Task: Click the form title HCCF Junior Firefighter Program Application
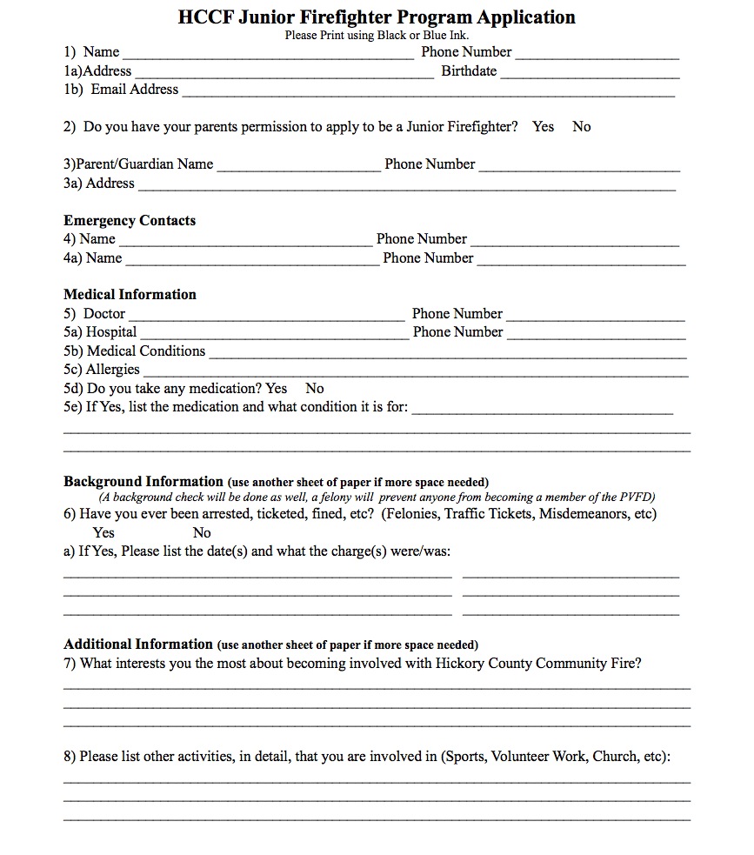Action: click(x=377, y=17)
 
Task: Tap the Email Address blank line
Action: click(x=428, y=93)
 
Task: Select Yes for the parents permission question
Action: click(x=544, y=127)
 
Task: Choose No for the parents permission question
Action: click(x=582, y=127)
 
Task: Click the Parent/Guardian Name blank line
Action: click(x=298, y=168)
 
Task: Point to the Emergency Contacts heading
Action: click(x=130, y=220)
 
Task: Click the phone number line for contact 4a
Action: click(x=581, y=261)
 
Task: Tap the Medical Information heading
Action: click(x=130, y=294)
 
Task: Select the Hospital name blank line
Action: click(x=273, y=336)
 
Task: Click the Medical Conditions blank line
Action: click(x=448, y=355)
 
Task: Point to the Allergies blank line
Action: click(x=415, y=373)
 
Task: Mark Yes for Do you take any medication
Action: click(x=277, y=389)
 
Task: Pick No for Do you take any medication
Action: click(x=315, y=389)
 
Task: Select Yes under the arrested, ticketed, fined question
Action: click(x=103, y=532)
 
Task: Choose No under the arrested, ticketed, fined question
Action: click(x=202, y=532)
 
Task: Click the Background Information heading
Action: click(x=143, y=482)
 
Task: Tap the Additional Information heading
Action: click(x=138, y=645)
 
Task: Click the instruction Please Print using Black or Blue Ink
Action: click(x=377, y=36)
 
